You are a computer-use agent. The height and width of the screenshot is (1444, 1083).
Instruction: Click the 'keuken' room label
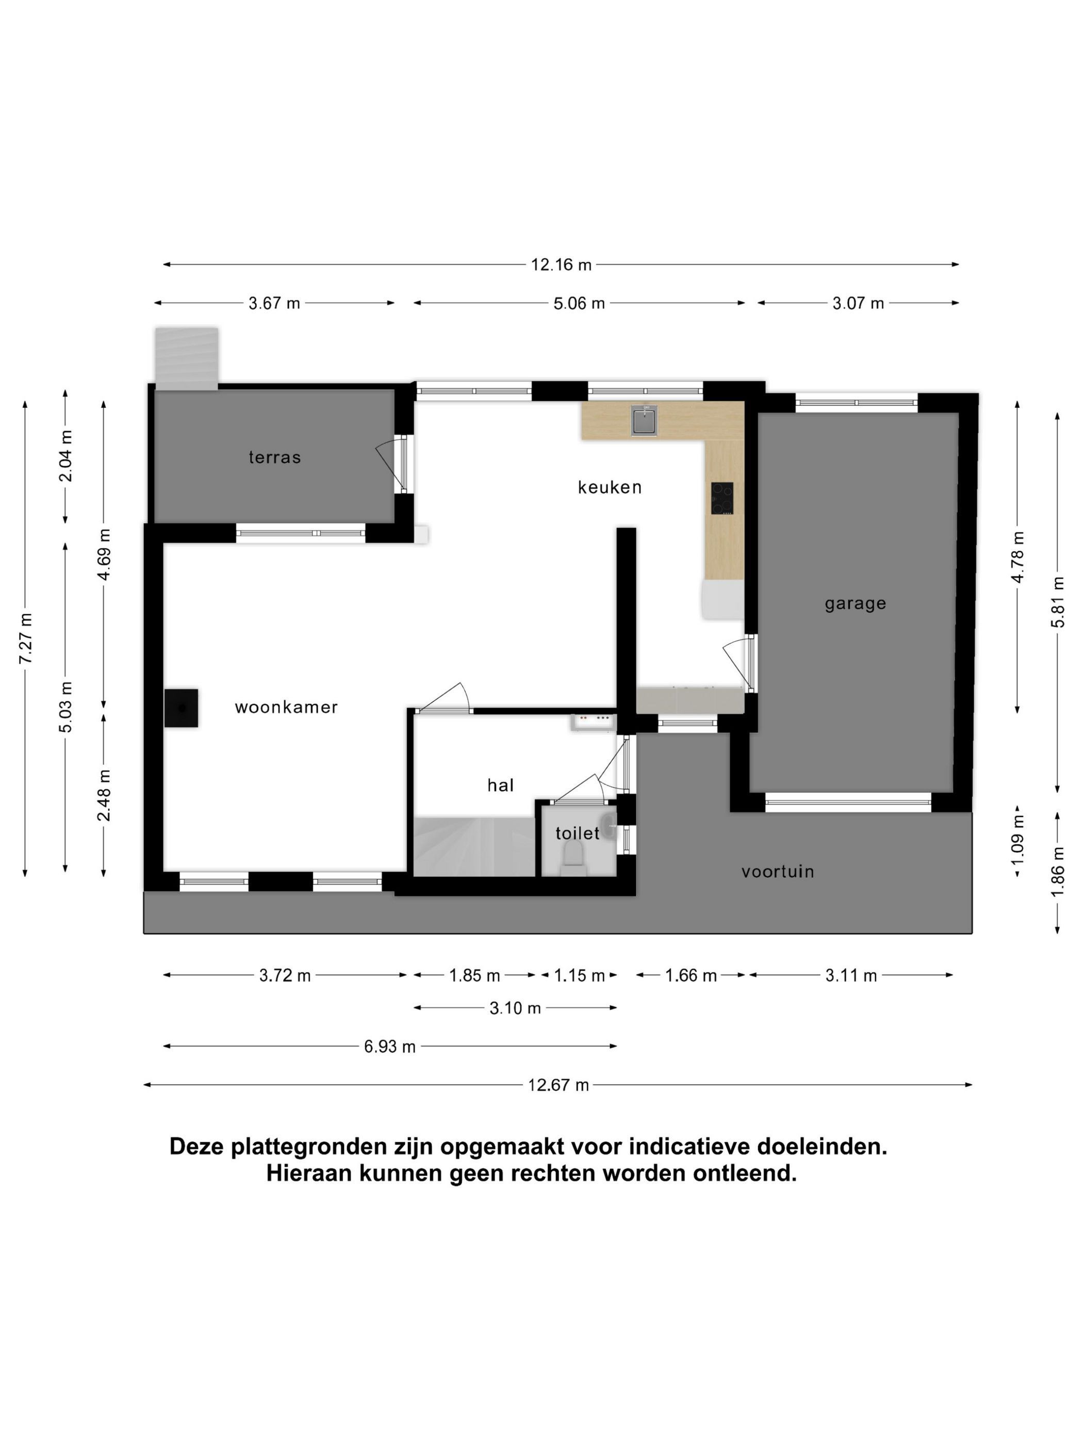point(609,487)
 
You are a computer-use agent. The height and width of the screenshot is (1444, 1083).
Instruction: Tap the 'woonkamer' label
point(286,707)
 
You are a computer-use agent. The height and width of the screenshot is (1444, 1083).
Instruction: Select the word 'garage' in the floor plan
point(855,604)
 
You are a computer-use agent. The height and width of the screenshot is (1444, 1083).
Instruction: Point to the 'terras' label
point(274,457)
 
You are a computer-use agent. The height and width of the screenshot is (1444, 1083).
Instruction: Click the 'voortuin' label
point(778,872)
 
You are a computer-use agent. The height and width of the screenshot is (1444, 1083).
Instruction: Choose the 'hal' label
point(501,785)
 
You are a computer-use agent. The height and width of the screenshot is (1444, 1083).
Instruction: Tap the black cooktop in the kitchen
point(722,499)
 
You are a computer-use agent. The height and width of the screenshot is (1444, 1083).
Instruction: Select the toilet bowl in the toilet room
point(573,854)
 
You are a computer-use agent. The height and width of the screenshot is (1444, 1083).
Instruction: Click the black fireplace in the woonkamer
point(181,708)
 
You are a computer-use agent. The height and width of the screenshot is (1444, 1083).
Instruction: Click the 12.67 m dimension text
point(558,1085)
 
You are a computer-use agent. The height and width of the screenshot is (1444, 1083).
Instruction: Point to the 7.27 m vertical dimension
point(25,638)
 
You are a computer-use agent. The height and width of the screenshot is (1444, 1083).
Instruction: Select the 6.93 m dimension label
point(390,1046)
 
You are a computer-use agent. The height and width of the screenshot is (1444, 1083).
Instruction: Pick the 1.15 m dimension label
point(579,976)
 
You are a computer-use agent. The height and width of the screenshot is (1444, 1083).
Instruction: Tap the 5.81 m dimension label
point(1058,602)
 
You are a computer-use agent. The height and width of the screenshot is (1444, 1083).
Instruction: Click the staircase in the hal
point(474,846)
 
